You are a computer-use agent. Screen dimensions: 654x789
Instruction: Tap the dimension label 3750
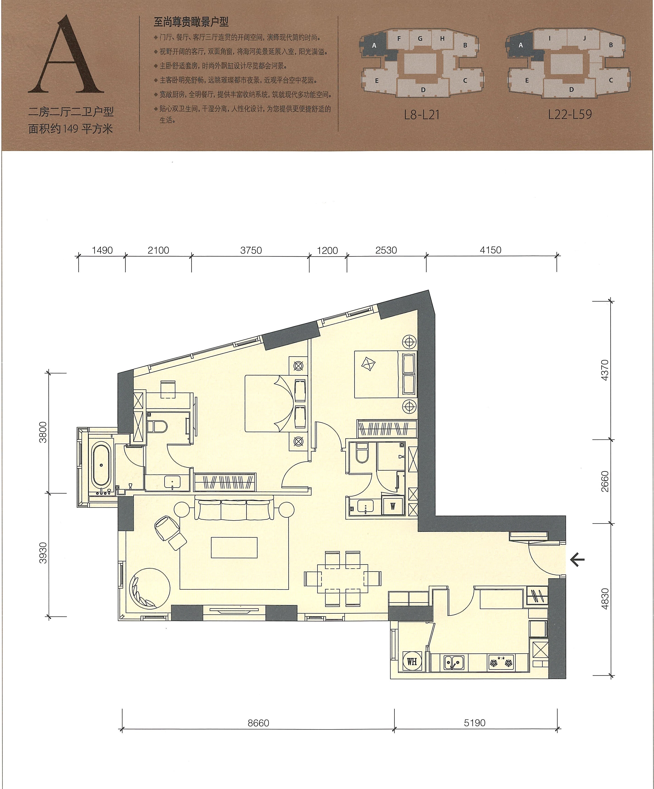251,250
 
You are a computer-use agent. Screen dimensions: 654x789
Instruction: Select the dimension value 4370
605,370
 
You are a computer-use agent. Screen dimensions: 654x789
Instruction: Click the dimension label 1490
102,250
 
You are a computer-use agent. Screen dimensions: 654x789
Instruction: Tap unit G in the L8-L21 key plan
420,38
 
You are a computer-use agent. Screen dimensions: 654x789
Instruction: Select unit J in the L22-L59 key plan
585,38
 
